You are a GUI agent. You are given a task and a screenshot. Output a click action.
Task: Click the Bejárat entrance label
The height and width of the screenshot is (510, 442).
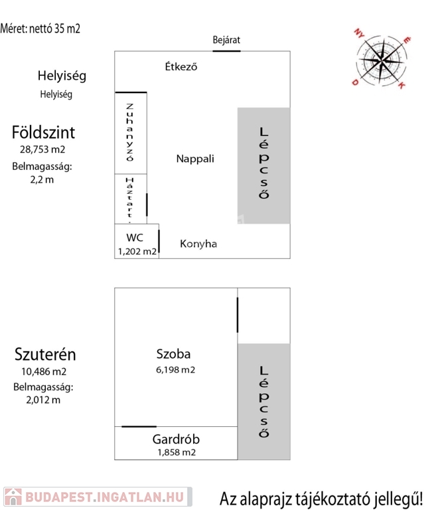click(x=226, y=40)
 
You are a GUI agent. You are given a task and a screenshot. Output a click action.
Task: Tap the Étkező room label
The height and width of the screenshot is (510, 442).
click(x=181, y=66)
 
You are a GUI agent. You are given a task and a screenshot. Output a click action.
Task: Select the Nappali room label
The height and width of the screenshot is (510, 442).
click(x=196, y=159)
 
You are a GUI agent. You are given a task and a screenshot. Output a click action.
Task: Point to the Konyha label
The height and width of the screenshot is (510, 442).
click(x=198, y=244)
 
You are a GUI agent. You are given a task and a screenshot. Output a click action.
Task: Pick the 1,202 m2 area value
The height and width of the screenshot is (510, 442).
click(x=137, y=251)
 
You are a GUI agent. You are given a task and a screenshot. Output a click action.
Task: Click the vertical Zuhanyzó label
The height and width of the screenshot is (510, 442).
click(x=130, y=133)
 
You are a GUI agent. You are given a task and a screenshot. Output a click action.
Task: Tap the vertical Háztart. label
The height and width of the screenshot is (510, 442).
click(x=130, y=197)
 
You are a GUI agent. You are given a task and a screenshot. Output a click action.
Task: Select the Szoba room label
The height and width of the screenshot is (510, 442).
click(x=174, y=355)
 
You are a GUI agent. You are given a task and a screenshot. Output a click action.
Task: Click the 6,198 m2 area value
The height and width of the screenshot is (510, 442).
click(x=176, y=369)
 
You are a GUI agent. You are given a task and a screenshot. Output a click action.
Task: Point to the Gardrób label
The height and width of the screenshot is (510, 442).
click(x=176, y=439)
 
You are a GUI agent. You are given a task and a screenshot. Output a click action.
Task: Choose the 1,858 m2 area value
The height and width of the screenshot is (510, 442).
click(x=177, y=452)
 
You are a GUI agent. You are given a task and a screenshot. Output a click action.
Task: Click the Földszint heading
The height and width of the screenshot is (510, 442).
click(x=43, y=132)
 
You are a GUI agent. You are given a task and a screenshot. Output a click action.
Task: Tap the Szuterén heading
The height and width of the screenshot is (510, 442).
click(x=43, y=355)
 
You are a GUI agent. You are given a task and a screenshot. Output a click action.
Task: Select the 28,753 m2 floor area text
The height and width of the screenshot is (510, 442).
click(x=43, y=149)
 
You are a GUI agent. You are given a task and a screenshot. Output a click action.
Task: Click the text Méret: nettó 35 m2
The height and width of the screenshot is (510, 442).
click(x=40, y=29)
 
